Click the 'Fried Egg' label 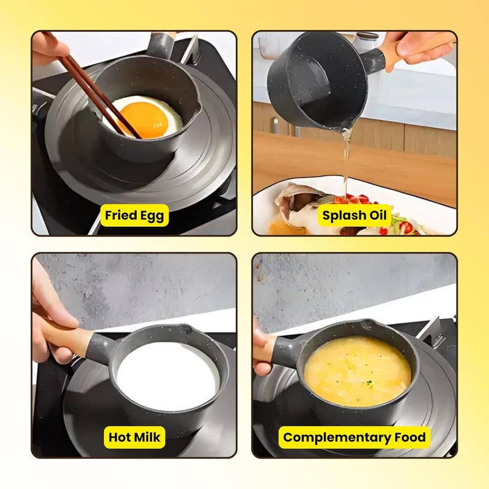coord(134,215)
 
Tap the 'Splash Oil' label coord(355,215)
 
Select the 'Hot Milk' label coord(134,437)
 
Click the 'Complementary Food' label coord(355,437)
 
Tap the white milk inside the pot coord(166,376)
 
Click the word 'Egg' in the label coord(152,216)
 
